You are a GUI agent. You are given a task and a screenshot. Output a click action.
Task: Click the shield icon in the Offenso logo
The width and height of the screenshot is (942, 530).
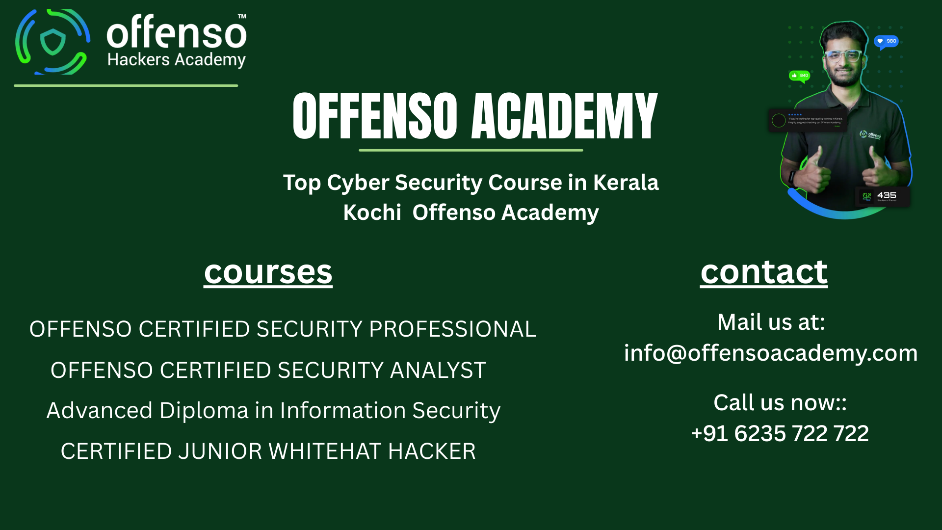53,42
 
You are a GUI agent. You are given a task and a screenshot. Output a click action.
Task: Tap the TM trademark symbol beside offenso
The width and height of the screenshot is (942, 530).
242,16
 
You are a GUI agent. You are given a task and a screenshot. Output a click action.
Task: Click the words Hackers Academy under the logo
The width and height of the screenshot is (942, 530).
176,60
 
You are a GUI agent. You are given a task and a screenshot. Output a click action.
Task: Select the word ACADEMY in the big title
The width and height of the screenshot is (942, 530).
564,117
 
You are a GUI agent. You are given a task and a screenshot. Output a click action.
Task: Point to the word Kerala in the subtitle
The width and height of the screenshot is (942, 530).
626,183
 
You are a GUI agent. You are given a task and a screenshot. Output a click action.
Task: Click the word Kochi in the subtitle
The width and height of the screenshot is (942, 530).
372,212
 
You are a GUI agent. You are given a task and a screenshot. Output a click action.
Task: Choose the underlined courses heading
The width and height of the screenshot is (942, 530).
268,272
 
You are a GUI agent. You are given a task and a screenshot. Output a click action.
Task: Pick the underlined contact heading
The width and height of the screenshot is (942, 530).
763,272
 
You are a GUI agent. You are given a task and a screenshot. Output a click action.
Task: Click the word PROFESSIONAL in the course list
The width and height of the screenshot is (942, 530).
452,329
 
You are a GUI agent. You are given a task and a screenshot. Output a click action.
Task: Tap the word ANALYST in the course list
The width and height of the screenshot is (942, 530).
438,371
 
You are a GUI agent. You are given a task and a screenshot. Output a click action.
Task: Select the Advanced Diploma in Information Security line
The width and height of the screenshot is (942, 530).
273,411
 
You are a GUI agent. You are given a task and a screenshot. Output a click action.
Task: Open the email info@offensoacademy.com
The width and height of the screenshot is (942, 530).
770,353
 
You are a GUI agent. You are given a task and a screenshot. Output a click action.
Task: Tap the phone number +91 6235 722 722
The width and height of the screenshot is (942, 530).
780,433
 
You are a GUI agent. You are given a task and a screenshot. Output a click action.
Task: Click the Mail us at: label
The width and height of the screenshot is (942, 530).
771,322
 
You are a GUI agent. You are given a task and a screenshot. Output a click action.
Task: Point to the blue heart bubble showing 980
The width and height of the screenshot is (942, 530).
886,41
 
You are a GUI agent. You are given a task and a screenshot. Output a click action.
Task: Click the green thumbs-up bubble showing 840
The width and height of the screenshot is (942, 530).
799,76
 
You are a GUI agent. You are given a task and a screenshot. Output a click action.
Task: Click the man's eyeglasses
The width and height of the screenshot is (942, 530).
842,55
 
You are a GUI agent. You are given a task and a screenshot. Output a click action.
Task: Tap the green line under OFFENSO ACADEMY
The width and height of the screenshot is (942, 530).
471,150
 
